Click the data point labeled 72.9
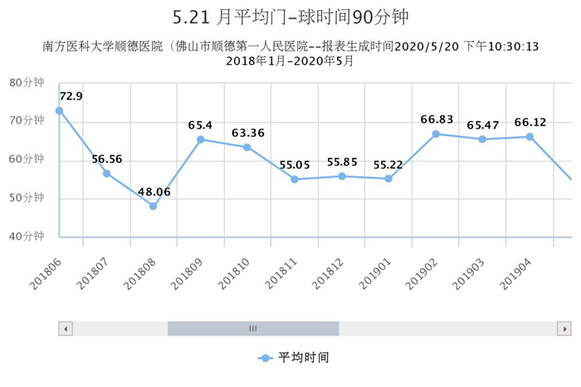click(59, 110)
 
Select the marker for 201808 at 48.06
click(153, 206)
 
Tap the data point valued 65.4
click(200, 140)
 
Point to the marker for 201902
click(436, 134)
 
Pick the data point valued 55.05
click(295, 179)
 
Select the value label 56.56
click(107, 159)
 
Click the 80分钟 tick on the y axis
click(27, 81)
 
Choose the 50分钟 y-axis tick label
click(27, 198)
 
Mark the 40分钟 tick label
click(27, 237)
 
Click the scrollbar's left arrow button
click(65, 328)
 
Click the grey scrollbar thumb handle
click(253, 328)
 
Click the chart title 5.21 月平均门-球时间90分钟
click(291, 17)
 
